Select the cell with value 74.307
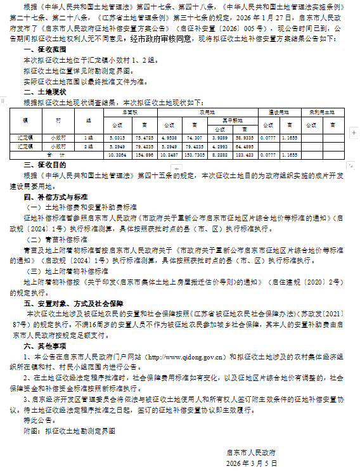click(x=195, y=136)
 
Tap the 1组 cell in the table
click(x=84, y=136)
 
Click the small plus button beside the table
click(x=13, y=106)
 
